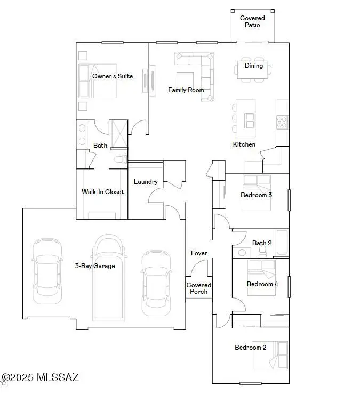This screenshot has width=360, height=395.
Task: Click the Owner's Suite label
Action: (x=112, y=76)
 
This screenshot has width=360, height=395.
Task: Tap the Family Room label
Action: (x=186, y=90)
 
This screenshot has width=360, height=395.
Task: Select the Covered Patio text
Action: (x=252, y=21)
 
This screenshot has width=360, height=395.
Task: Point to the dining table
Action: (x=253, y=69)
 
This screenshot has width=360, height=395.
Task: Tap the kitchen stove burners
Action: (x=282, y=122)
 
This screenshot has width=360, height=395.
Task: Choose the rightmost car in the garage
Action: (x=156, y=283)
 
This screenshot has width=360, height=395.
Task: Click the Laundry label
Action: (x=146, y=182)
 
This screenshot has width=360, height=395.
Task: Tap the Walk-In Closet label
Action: (x=102, y=192)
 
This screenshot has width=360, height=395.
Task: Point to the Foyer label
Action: (x=199, y=253)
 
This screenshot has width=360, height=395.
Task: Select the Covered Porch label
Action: (x=199, y=288)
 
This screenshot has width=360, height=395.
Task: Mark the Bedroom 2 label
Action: (x=251, y=348)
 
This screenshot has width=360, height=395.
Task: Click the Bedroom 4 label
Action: (x=262, y=284)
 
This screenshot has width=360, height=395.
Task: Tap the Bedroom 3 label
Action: (x=257, y=195)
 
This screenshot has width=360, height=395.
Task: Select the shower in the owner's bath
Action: (x=118, y=134)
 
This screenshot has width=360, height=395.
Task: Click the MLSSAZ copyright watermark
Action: (x=41, y=377)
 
